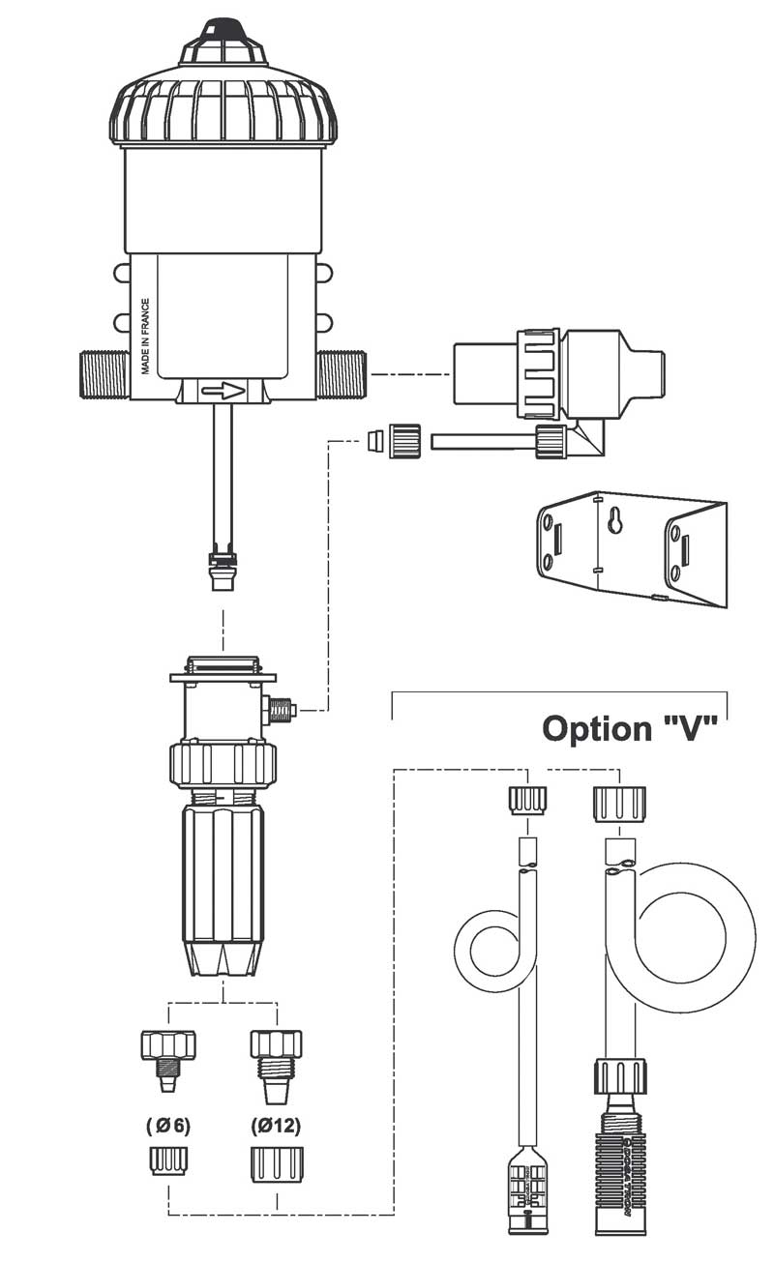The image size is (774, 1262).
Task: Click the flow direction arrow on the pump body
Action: (223, 392)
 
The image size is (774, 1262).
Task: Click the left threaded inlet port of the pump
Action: (104, 373)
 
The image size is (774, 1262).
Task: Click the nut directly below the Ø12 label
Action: (277, 1164)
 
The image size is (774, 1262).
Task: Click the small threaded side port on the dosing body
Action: (282, 712)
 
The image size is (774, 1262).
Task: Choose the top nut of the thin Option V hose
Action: (525, 801)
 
